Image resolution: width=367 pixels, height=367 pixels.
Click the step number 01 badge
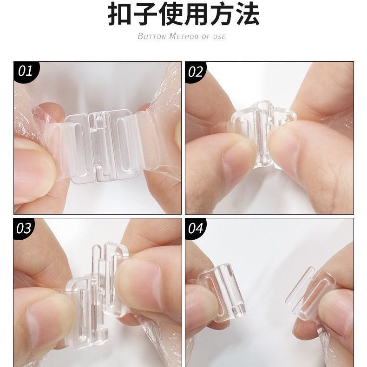pos(25,71)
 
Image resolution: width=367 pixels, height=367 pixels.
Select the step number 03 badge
pos(24,228)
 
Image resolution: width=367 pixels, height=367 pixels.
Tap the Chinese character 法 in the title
pos(248,14)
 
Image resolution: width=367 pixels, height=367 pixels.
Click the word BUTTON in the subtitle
pos(151,36)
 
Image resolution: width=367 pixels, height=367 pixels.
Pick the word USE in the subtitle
pos(219,37)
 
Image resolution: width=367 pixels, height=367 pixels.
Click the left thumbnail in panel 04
pos(202,307)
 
